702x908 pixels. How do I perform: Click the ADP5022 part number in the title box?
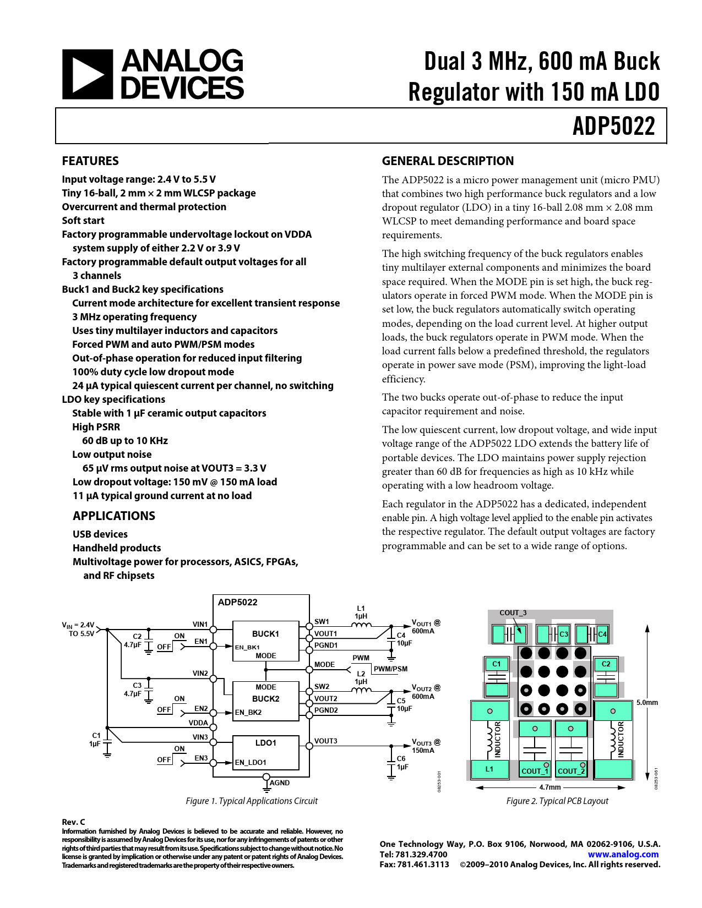(x=613, y=127)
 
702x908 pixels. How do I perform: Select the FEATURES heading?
(x=90, y=161)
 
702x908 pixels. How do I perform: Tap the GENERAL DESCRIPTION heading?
(x=448, y=161)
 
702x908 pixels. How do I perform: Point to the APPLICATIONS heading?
(x=114, y=516)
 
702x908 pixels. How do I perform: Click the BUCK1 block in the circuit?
(x=265, y=634)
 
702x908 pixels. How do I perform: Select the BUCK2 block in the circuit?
(x=265, y=699)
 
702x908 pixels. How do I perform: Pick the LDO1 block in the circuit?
(x=265, y=743)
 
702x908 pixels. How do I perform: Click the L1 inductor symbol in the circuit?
(x=361, y=625)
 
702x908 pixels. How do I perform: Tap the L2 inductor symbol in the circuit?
(x=361, y=690)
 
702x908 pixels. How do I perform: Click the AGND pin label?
(x=280, y=783)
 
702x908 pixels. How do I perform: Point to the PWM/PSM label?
(x=390, y=669)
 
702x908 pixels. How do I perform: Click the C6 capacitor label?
(x=401, y=759)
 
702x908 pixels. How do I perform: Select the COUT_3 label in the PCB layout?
(x=513, y=613)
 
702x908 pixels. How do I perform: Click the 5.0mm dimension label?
(x=647, y=703)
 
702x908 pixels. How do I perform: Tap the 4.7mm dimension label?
(x=549, y=787)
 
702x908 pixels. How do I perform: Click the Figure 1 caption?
(x=252, y=801)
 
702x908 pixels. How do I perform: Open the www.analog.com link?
(x=623, y=855)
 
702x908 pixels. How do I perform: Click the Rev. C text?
(x=73, y=822)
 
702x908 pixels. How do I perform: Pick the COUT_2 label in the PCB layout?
(x=568, y=771)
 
